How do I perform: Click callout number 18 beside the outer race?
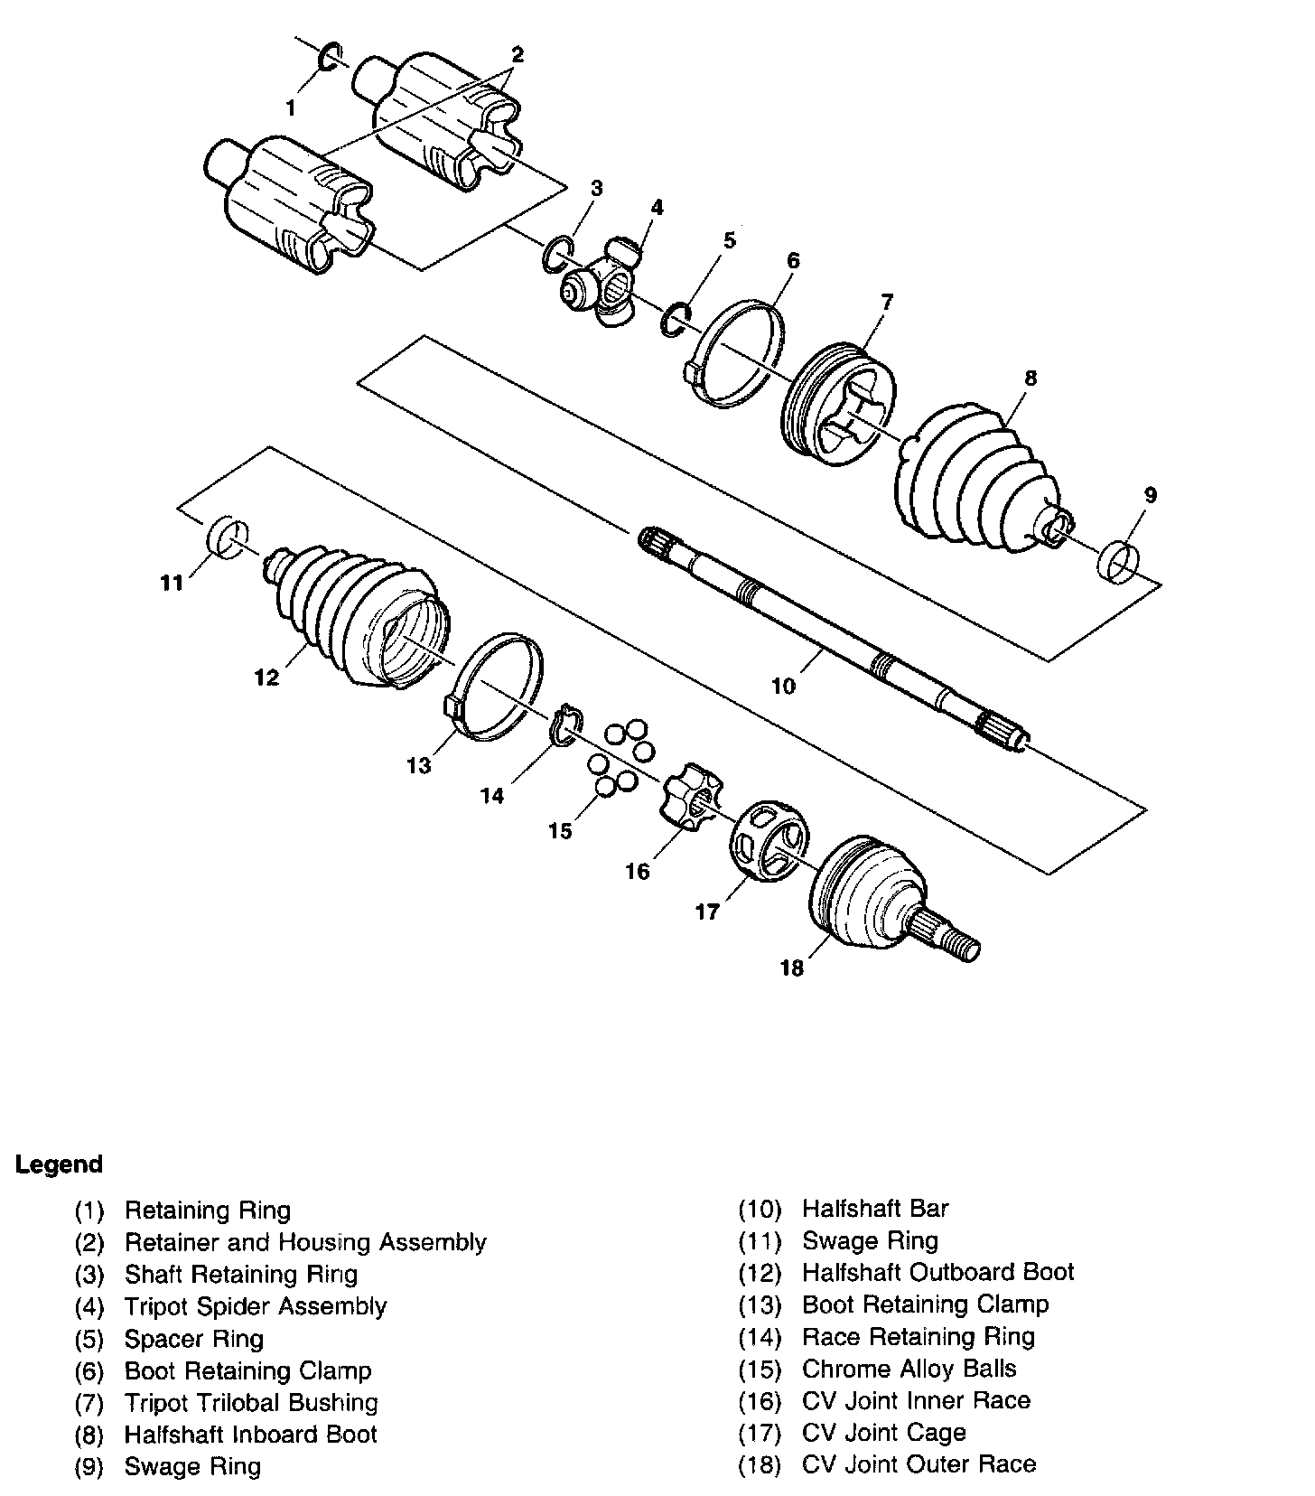(x=791, y=968)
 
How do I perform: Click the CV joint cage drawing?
(x=768, y=839)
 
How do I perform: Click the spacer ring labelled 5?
(x=676, y=319)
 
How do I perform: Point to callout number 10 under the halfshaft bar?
(x=783, y=687)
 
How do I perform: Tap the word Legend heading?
(x=59, y=1164)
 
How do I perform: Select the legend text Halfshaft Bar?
(x=874, y=1209)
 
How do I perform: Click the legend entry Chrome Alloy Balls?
(x=909, y=1369)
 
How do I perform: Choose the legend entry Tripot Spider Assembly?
(x=255, y=1306)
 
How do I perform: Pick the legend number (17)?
(x=759, y=1434)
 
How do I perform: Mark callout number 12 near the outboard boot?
(x=266, y=677)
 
